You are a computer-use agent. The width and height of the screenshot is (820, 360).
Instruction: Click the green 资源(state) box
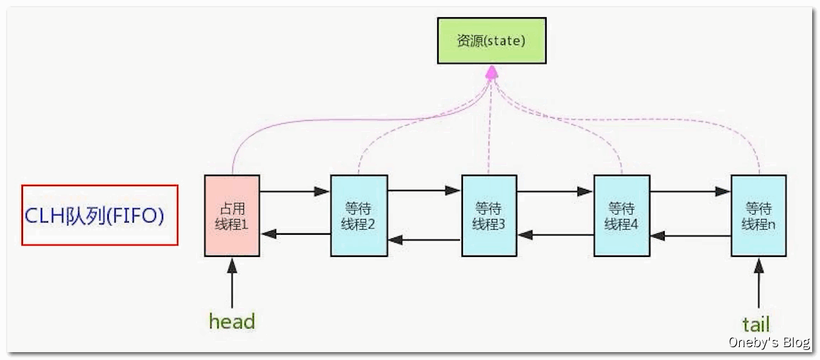pyautogui.click(x=492, y=41)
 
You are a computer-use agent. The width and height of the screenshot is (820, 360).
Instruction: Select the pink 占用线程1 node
pyautogui.click(x=232, y=215)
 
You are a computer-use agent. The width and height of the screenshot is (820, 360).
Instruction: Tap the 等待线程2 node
pyautogui.click(x=358, y=215)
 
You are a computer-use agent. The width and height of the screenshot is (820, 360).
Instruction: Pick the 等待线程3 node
pyautogui.click(x=489, y=215)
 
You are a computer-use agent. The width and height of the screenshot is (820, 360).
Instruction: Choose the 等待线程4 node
pyautogui.click(x=622, y=215)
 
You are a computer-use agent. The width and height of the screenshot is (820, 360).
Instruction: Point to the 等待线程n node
pyautogui.click(x=758, y=215)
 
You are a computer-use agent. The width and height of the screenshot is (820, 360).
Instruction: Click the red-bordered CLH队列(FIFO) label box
pyautogui.click(x=99, y=215)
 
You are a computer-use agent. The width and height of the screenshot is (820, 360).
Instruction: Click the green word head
pyautogui.click(x=232, y=321)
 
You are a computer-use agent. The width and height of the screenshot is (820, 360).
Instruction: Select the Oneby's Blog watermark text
pyautogui.click(x=769, y=344)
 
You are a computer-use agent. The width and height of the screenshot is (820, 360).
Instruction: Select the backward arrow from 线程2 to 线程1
pyautogui.click(x=295, y=234)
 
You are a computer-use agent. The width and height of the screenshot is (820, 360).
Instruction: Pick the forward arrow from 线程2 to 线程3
pyautogui.click(x=424, y=191)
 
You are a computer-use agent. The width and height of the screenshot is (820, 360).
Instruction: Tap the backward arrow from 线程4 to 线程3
pyautogui.click(x=556, y=234)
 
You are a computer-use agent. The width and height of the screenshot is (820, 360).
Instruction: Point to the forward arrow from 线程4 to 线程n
pyautogui.click(x=690, y=192)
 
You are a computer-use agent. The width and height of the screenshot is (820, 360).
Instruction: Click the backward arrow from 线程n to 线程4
pyautogui.click(x=690, y=235)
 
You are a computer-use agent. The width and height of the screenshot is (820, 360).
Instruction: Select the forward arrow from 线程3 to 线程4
pyautogui.click(x=556, y=192)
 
